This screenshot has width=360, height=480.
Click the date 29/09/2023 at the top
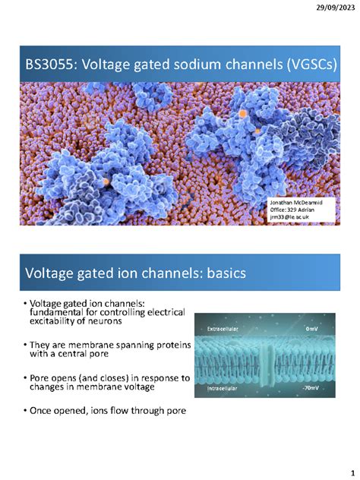334,8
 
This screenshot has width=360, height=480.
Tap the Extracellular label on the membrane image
221,328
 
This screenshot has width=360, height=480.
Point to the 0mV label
311,328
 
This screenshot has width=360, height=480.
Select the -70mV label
310,387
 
